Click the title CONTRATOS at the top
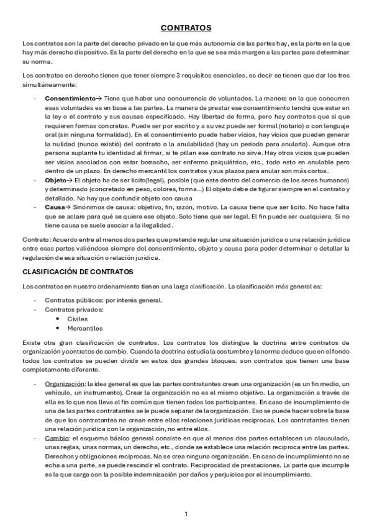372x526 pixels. (x=186, y=28)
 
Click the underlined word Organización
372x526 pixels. (x=65, y=385)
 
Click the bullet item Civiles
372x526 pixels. (x=77, y=318)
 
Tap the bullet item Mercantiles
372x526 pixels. (x=85, y=328)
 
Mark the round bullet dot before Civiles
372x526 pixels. (x=58, y=318)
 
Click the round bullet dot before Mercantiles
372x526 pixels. (x=58, y=328)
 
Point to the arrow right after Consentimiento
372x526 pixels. (x=99, y=99)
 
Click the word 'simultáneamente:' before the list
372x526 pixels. (x=48, y=84)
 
